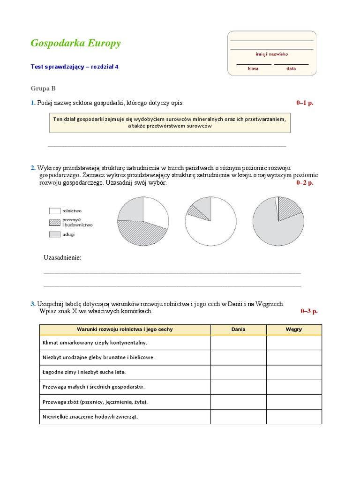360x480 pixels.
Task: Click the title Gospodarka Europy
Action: click(x=75, y=44)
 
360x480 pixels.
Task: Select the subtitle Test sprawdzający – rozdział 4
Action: click(x=75, y=67)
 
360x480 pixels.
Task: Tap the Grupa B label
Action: click(x=43, y=88)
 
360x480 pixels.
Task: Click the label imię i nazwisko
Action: click(x=272, y=54)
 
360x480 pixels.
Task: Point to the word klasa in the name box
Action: click(x=253, y=68)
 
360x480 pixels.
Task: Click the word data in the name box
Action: click(x=291, y=68)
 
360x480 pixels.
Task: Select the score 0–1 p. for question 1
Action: click(x=305, y=103)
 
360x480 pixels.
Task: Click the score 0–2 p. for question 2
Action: click(x=305, y=183)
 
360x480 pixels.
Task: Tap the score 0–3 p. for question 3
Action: click(x=309, y=311)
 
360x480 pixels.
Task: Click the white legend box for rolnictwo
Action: click(x=54, y=211)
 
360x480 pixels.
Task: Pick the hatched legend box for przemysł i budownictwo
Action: click(x=54, y=222)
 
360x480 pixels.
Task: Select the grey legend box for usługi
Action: click(x=54, y=234)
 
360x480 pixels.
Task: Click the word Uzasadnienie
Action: click(x=62, y=258)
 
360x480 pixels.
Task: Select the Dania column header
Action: click(x=238, y=330)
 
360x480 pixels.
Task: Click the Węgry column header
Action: click(x=294, y=330)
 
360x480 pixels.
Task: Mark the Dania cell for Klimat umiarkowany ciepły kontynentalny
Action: click(x=238, y=343)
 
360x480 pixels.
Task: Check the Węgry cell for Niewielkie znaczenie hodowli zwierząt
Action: click(x=294, y=417)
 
